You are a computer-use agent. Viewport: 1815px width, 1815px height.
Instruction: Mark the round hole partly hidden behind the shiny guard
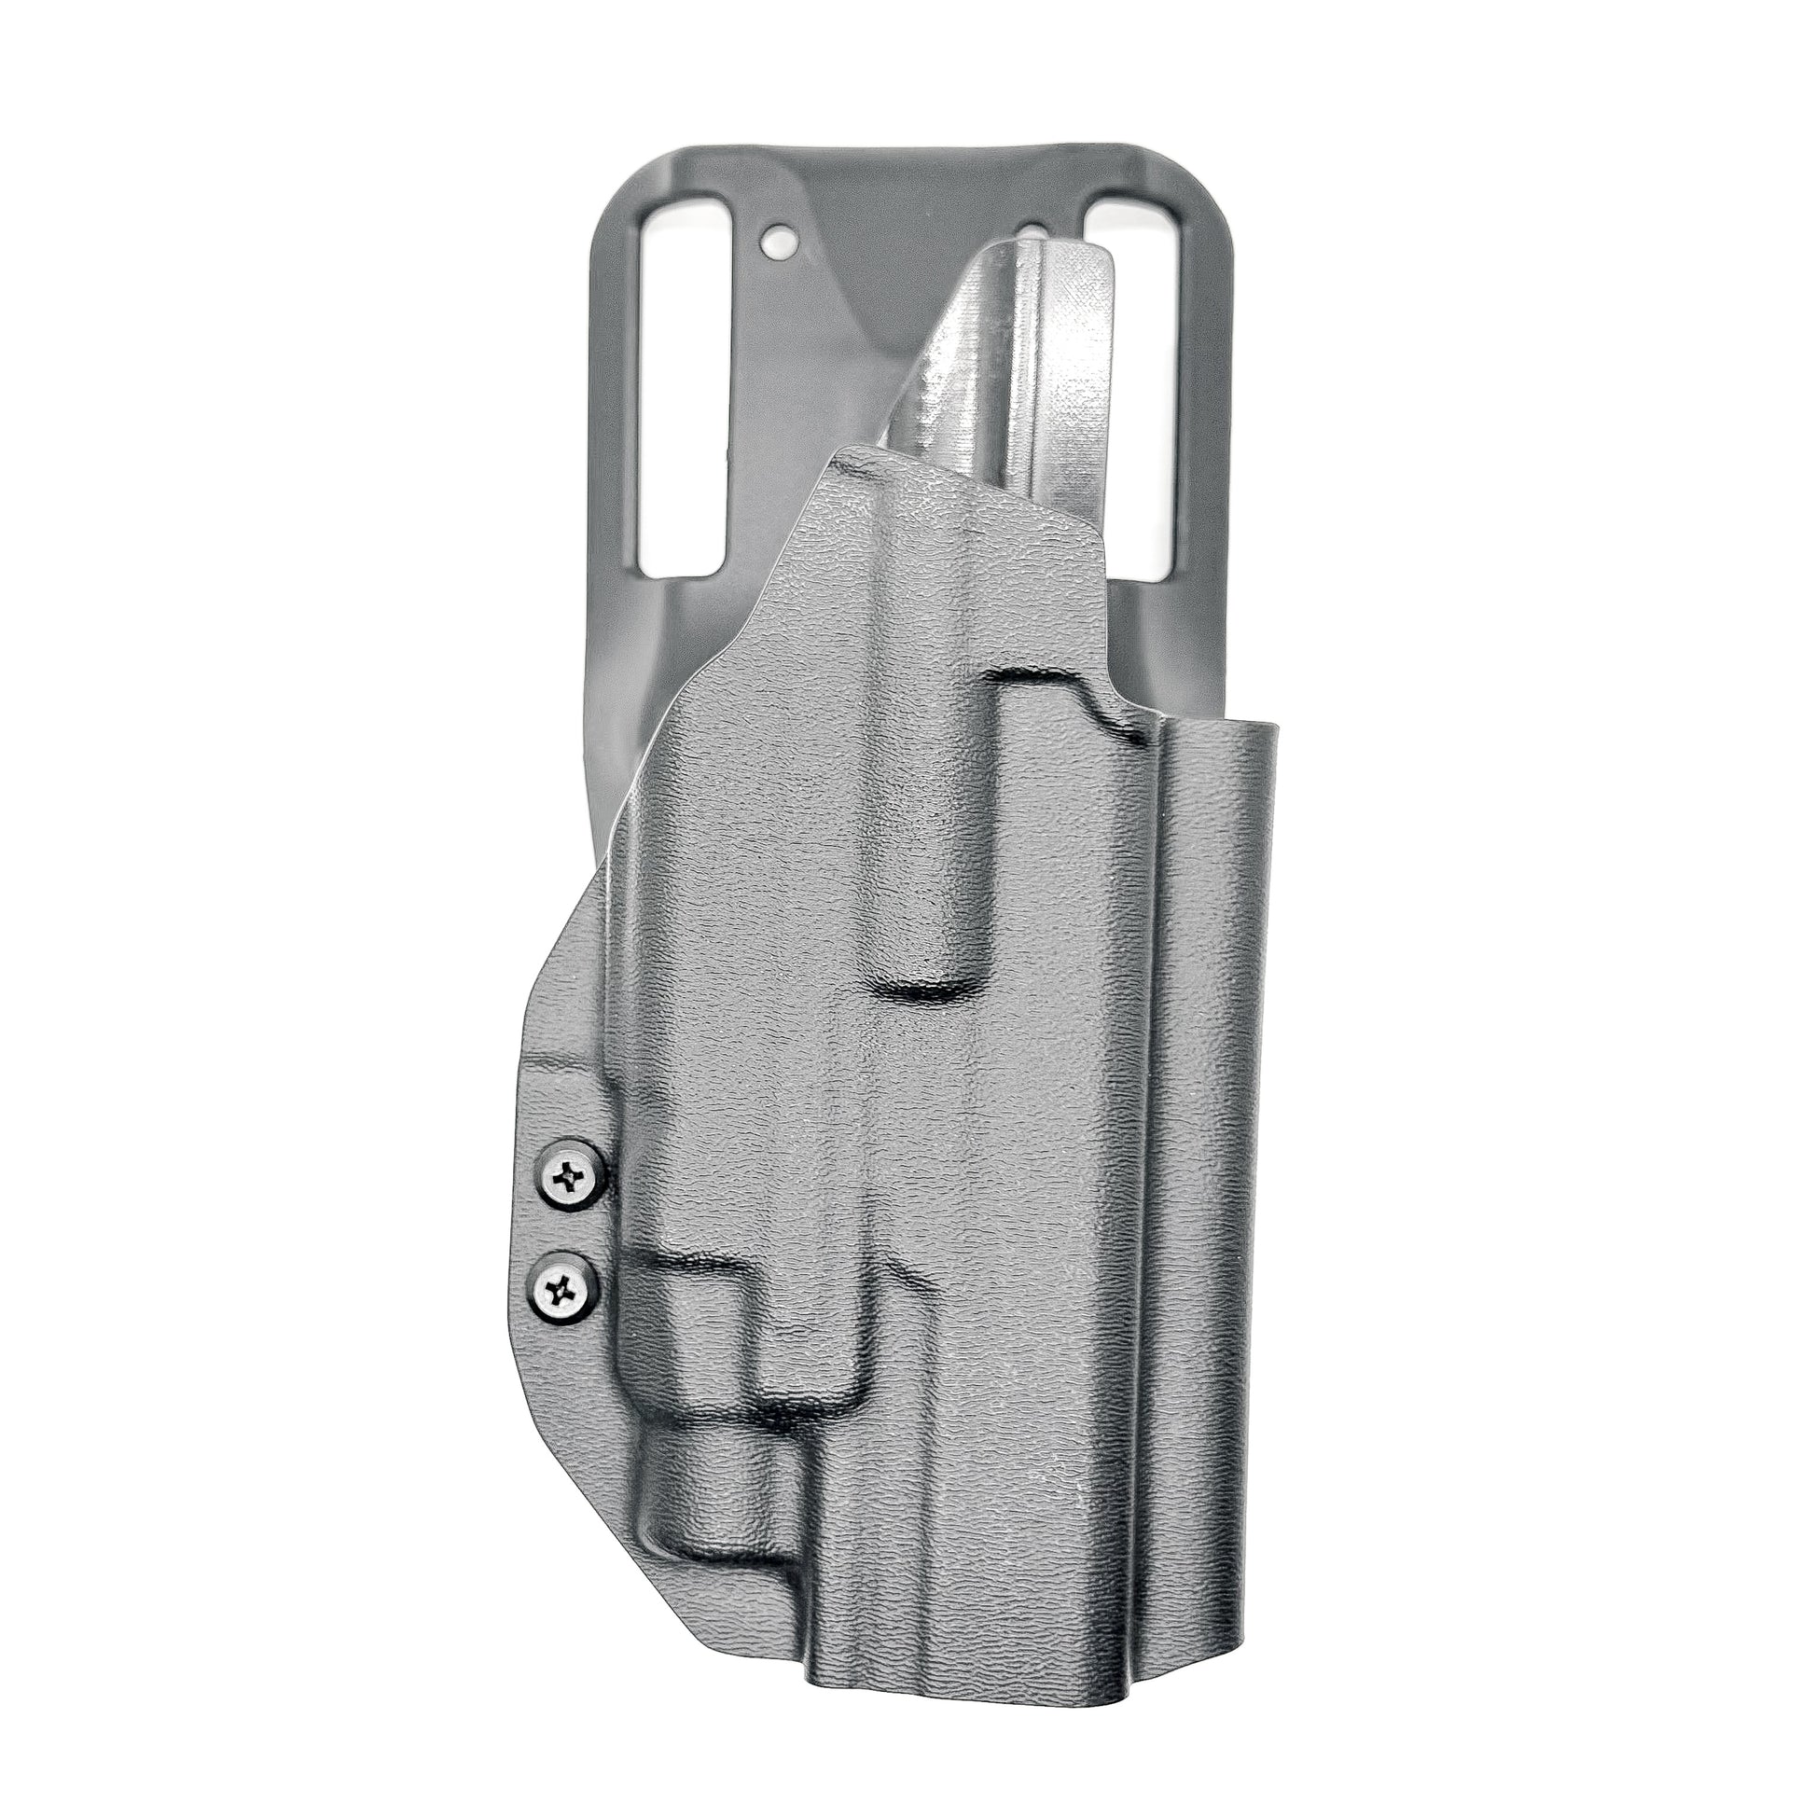click(x=1032, y=260)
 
